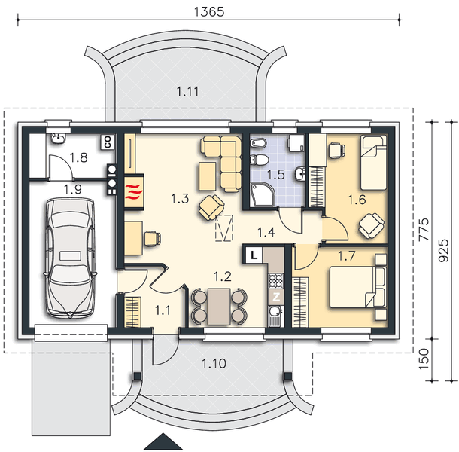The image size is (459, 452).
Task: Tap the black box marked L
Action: click(254, 255)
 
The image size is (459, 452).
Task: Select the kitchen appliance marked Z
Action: click(276, 297)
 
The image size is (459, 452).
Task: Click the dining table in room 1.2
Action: click(219, 304)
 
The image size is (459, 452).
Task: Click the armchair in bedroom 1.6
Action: click(371, 224)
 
